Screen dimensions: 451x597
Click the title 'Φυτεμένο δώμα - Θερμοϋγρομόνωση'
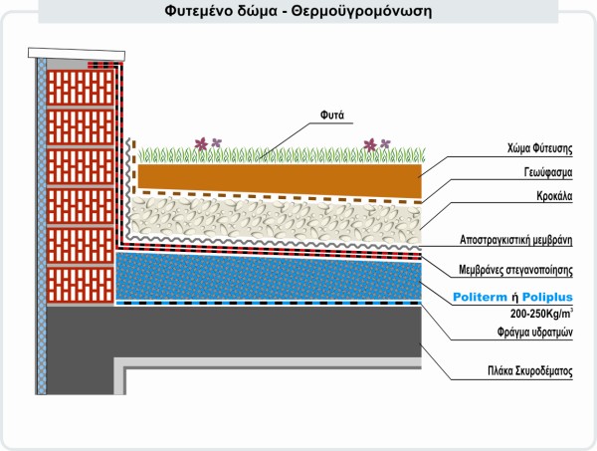(298, 13)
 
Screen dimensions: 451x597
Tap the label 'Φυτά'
(331, 114)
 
